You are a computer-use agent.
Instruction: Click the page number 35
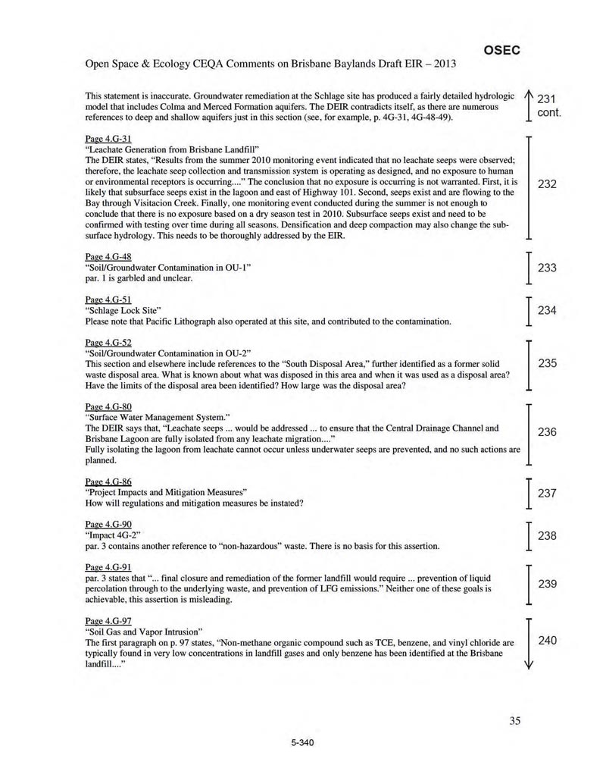click(x=515, y=721)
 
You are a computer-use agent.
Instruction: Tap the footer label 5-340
click(x=302, y=742)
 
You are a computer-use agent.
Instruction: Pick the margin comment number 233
click(x=548, y=268)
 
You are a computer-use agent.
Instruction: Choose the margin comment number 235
click(x=548, y=364)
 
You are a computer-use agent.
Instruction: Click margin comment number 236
click(x=548, y=432)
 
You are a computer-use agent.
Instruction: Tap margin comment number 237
click(x=548, y=494)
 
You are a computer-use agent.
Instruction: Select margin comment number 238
click(x=548, y=536)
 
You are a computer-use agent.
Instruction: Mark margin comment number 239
click(x=548, y=583)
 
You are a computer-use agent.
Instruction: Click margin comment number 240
click(x=548, y=641)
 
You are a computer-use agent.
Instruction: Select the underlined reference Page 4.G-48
click(x=108, y=257)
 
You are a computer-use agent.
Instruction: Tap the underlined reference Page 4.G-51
click(x=108, y=299)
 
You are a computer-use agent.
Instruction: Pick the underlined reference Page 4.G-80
click(x=108, y=406)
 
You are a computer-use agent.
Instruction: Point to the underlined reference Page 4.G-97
click(x=108, y=620)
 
